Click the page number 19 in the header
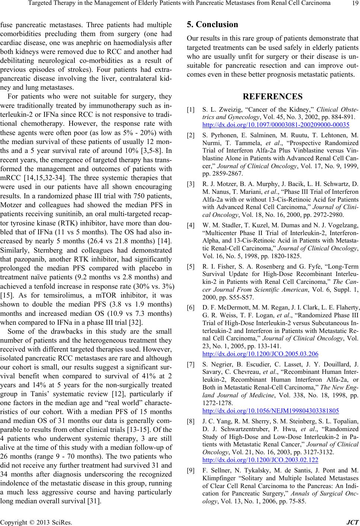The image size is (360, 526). pyautogui.click(x=353, y=4)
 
